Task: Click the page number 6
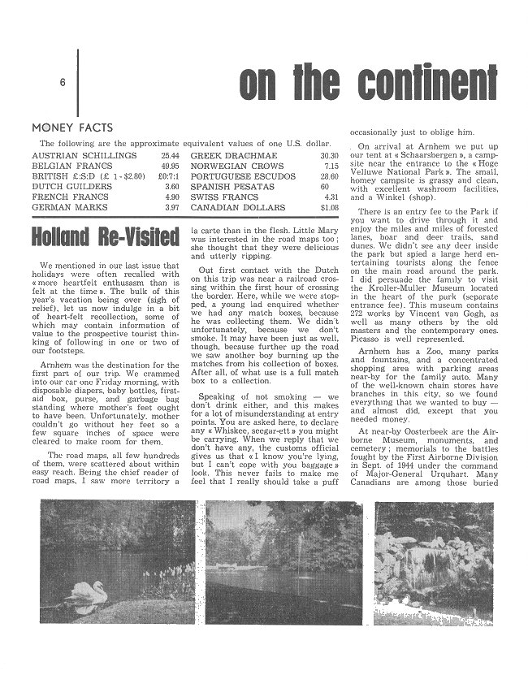pos(62,84)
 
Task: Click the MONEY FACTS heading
pos(72,128)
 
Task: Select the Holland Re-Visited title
pos(105,238)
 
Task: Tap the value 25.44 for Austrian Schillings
pos(170,155)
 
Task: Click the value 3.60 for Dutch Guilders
pos(172,186)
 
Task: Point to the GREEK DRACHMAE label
pos(234,155)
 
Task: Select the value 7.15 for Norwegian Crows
pos(331,166)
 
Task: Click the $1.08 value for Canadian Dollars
pos(329,207)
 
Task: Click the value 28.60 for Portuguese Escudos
pos(329,176)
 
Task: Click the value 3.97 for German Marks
pos(171,207)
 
